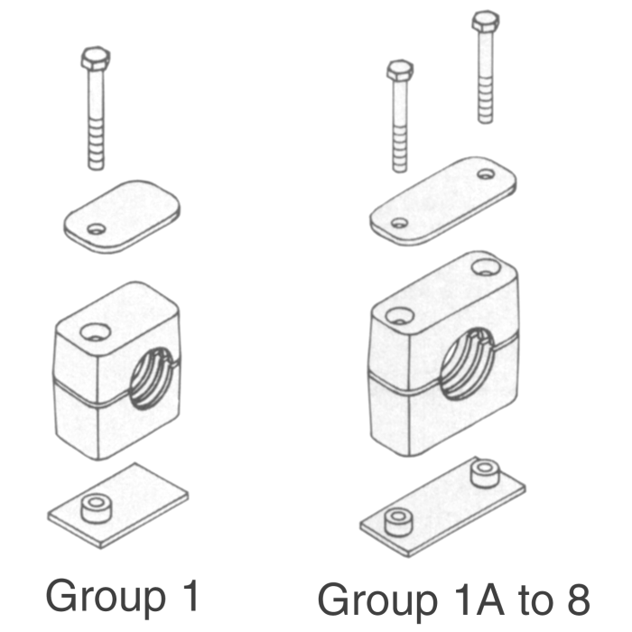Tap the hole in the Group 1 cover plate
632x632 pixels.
(x=95, y=228)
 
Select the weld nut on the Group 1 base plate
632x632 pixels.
(x=94, y=508)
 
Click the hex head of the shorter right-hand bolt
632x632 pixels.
(x=399, y=70)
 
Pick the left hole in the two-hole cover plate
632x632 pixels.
(x=398, y=222)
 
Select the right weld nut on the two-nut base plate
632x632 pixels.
(x=484, y=470)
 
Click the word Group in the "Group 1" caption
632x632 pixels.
(x=98, y=598)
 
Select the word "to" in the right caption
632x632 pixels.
(x=525, y=599)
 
